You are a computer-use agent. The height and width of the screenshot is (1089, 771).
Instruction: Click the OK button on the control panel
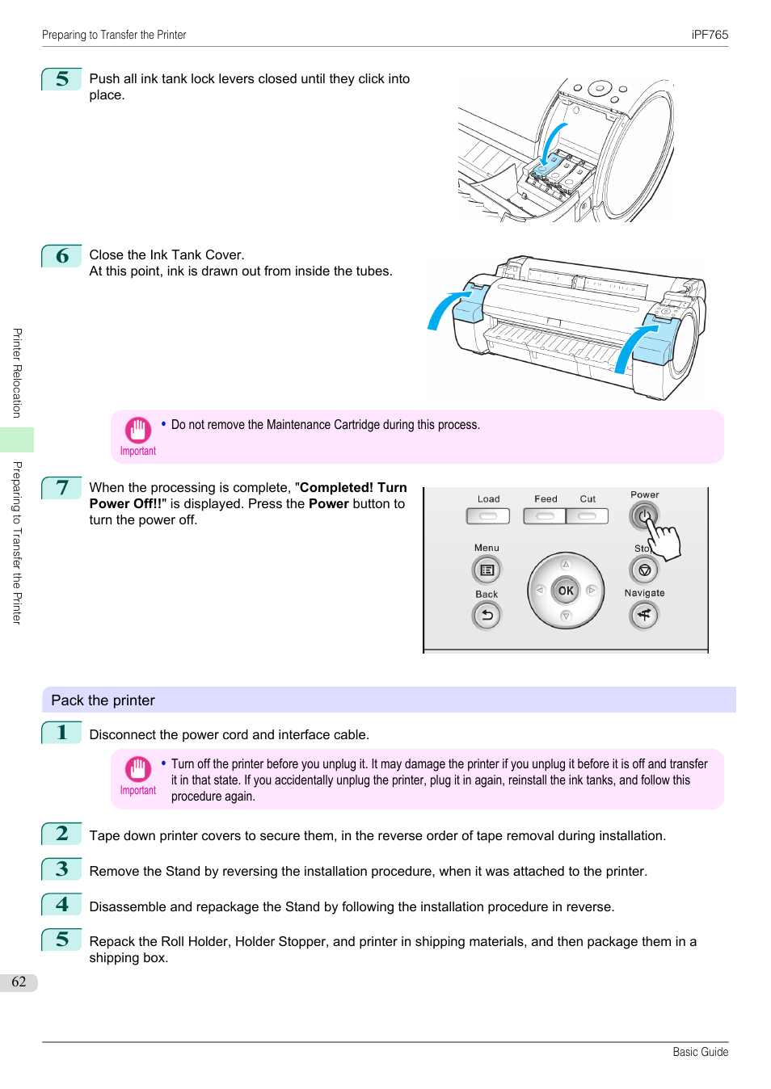566,591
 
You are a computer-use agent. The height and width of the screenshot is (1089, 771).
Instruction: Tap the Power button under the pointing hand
643,515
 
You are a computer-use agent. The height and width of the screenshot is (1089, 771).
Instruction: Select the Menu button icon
487,570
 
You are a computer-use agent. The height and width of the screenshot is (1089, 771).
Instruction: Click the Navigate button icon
644,616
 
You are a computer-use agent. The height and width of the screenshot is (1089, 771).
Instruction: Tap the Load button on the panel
488,516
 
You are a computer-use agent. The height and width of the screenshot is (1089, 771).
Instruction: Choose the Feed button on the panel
545,516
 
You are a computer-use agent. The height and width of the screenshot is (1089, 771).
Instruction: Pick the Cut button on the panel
588,516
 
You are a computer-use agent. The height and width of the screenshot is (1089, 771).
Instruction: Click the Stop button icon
644,570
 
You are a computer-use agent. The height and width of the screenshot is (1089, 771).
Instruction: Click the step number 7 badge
62,488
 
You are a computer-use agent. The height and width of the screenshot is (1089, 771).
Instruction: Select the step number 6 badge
62,256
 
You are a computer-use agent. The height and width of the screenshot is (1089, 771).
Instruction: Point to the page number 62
19,982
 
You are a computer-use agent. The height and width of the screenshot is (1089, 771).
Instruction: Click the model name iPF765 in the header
710,35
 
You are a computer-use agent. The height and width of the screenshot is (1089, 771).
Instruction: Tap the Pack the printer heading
103,700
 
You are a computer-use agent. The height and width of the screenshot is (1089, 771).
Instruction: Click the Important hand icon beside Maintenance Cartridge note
137,430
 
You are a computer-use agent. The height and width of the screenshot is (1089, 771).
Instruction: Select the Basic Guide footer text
700,1052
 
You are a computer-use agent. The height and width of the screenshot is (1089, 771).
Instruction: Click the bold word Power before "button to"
328,504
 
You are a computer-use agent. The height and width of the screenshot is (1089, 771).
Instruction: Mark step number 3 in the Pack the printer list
62,869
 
